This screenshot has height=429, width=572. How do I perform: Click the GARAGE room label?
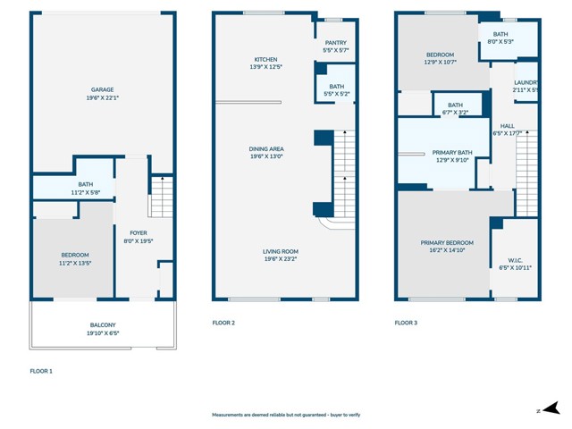point(102,89)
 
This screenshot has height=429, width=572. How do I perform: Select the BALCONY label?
point(102,324)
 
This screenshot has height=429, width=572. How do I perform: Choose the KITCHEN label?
point(265,60)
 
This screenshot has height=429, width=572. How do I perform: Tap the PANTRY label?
point(335,43)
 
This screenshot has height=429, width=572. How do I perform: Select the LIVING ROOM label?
point(281,252)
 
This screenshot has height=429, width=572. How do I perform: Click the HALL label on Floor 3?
point(507,126)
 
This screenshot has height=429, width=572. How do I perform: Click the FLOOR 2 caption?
point(223,323)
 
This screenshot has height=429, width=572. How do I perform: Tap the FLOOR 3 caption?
point(407,323)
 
